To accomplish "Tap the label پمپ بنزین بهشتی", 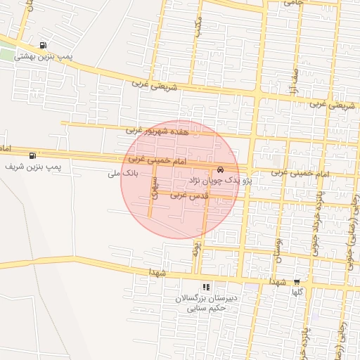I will [x=46, y=56].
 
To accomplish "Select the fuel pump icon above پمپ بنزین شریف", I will [x=32, y=155].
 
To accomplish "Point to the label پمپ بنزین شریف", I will [x=33, y=167].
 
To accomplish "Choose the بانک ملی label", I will [x=124, y=172].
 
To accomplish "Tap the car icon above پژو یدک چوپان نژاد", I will [x=221, y=170].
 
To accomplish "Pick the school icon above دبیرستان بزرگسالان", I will [x=206, y=287].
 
